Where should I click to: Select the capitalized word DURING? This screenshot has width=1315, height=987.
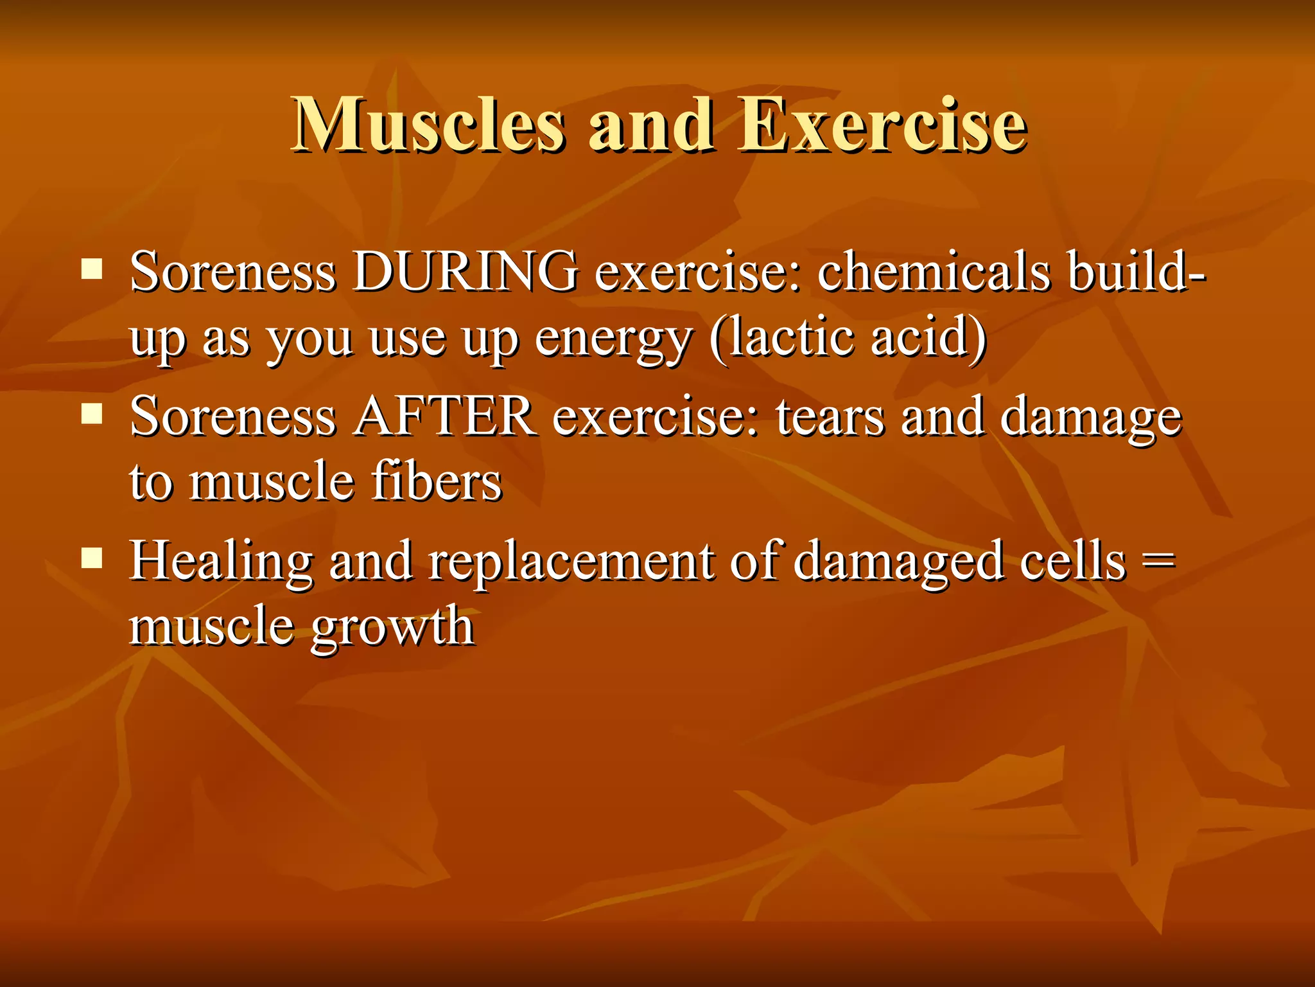pyautogui.click(x=466, y=272)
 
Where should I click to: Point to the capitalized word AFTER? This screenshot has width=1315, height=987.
pyautogui.click(x=445, y=416)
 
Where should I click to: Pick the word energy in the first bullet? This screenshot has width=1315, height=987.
pyautogui.click(x=613, y=339)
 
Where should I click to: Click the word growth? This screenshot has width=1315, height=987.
pyautogui.click(x=392, y=627)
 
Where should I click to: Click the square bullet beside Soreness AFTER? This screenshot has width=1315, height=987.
pyautogui.click(x=92, y=414)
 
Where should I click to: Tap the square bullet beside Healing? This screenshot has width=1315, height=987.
pyautogui.click(x=92, y=558)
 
